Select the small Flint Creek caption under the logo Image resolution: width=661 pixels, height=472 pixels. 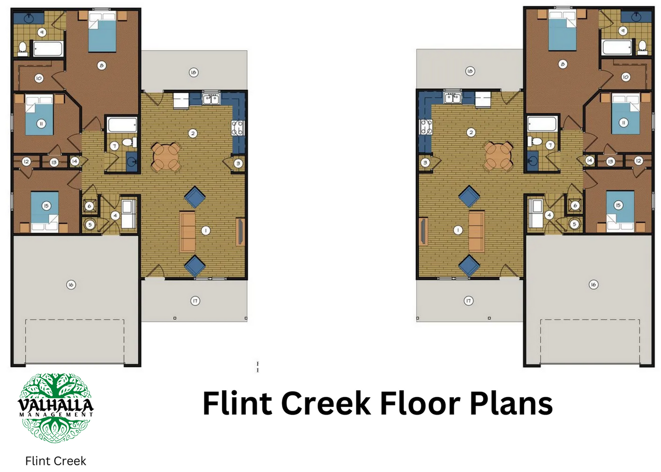pyautogui.click(x=56, y=461)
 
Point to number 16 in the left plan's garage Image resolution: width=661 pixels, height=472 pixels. pyautogui.click(x=71, y=284)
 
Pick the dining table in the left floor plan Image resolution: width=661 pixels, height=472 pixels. pyautogui.click(x=166, y=156)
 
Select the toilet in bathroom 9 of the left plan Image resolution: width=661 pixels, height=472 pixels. pyautogui.click(x=23, y=49)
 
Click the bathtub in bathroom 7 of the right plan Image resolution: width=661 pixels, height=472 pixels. pyautogui.click(x=542, y=124)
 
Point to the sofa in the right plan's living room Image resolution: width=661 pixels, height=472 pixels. pyautogui.click(x=476, y=230)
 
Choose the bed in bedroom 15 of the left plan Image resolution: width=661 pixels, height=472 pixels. pyautogui.click(x=46, y=212)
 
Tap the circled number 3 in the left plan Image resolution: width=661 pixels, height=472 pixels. pyautogui.click(x=238, y=163)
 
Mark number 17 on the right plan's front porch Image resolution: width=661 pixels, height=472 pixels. pyautogui.click(x=468, y=300)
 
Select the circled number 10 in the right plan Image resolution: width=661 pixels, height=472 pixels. pyautogui.click(x=625, y=77)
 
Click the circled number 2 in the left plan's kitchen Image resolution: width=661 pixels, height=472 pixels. pyautogui.click(x=193, y=133)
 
